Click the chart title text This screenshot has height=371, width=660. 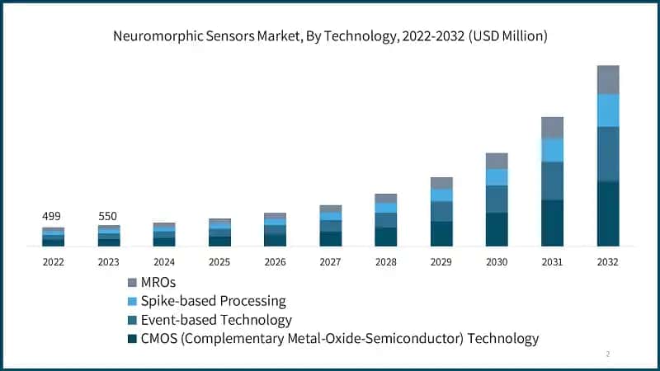[x=330, y=36]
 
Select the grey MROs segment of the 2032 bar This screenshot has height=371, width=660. [x=608, y=79]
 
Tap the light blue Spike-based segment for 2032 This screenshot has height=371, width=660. [x=608, y=110]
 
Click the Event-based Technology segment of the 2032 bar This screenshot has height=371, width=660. [x=608, y=153]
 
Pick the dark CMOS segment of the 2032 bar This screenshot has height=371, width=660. [x=608, y=214]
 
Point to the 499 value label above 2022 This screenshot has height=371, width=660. [x=53, y=216]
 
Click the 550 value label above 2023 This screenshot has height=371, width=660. [x=108, y=216]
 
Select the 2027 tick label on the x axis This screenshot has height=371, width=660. [x=330, y=261]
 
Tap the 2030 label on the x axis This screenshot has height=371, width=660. [x=497, y=261]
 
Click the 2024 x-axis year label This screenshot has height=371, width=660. [x=164, y=261]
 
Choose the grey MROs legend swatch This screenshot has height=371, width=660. [x=133, y=282]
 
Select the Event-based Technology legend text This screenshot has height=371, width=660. [x=217, y=320]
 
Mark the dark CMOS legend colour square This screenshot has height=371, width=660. [x=133, y=339]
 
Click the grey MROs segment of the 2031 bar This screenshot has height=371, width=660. [x=552, y=127]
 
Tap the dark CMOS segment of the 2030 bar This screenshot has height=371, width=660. [x=497, y=229]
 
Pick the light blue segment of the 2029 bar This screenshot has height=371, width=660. [x=441, y=195]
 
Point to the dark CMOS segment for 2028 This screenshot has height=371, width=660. [x=386, y=237]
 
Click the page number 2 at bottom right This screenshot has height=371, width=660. [x=608, y=355]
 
